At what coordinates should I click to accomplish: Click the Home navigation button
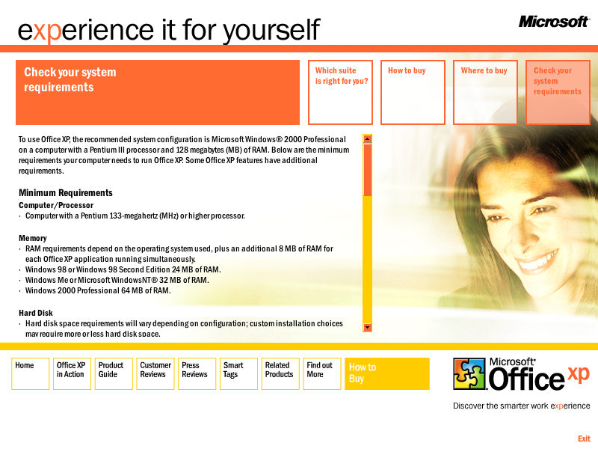[x=31, y=373]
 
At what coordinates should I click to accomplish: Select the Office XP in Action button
[x=72, y=373]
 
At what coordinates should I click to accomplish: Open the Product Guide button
[x=114, y=373]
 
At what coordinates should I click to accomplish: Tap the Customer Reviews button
[x=155, y=373]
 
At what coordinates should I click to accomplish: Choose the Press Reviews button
[x=197, y=373]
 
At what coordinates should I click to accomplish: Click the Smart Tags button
[x=238, y=373]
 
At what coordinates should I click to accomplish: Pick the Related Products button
[x=280, y=373]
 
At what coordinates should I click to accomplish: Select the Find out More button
[x=322, y=373]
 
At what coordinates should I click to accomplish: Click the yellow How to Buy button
[x=387, y=373]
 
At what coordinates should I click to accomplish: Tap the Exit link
[x=584, y=439]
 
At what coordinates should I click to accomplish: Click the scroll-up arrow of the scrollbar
[x=367, y=139]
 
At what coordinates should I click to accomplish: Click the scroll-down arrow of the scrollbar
[x=367, y=327]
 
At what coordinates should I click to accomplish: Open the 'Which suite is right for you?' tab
[x=340, y=92]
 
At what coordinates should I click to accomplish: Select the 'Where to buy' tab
[x=485, y=92]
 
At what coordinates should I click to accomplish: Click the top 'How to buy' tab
[x=413, y=92]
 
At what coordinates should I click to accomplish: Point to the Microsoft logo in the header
[x=554, y=22]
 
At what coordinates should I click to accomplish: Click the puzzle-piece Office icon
[x=469, y=373]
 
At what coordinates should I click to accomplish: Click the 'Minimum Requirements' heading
[x=66, y=193]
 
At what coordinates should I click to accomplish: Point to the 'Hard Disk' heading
[x=36, y=313]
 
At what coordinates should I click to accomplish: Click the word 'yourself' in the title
[x=271, y=31]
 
